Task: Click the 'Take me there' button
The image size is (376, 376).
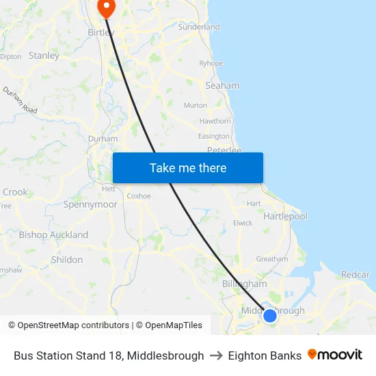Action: click(x=188, y=168)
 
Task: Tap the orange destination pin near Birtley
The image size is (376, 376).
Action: click(x=107, y=8)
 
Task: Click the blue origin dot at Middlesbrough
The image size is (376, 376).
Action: click(x=270, y=315)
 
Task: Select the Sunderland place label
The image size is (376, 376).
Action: click(x=198, y=27)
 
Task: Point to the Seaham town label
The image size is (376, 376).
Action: click(x=222, y=85)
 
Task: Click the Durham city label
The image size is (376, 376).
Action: click(x=103, y=139)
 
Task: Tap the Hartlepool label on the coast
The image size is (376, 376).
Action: click(x=285, y=216)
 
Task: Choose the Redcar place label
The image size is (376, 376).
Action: click(x=355, y=274)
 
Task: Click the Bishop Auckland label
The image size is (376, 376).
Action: click(x=53, y=234)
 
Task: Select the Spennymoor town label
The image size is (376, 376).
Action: click(x=90, y=204)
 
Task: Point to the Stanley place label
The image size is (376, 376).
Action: click(x=44, y=55)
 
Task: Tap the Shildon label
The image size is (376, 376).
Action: click(x=67, y=260)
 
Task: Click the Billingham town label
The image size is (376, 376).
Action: click(x=244, y=284)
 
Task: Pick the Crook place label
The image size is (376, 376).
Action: click(x=15, y=192)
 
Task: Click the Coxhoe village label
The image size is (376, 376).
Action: click(x=139, y=196)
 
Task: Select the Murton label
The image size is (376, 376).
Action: click(x=195, y=105)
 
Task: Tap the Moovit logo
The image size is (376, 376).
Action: click(x=335, y=355)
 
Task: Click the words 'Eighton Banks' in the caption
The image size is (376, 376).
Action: click(x=265, y=355)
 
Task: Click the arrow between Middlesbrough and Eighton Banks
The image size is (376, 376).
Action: click(x=216, y=355)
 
